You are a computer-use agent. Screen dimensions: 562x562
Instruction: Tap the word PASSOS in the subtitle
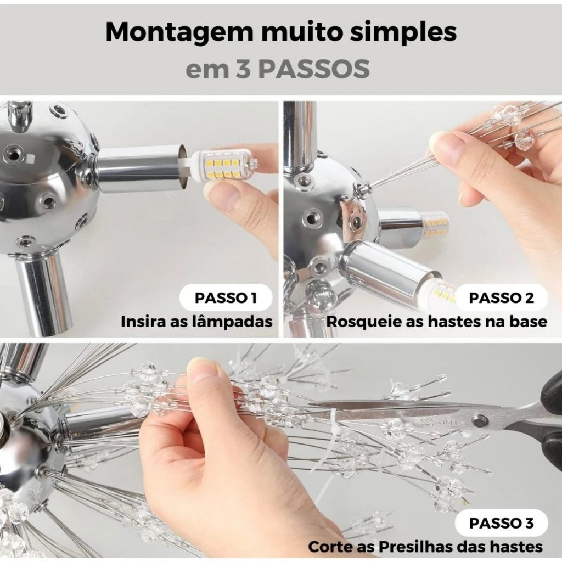(x=313, y=70)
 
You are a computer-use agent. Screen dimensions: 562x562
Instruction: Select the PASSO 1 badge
(x=226, y=298)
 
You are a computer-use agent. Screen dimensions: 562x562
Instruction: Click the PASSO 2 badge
(x=501, y=298)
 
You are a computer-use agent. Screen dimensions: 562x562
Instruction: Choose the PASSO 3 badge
(x=501, y=523)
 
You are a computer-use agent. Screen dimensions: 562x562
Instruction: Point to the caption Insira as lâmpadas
(x=196, y=322)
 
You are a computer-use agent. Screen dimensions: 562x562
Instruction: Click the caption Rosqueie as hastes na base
(x=436, y=322)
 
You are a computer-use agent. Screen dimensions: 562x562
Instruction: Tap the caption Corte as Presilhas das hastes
(x=425, y=547)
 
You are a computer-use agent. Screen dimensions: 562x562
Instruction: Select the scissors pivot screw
(x=480, y=421)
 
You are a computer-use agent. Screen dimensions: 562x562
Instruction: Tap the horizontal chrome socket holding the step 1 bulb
(x=140, y=168)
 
